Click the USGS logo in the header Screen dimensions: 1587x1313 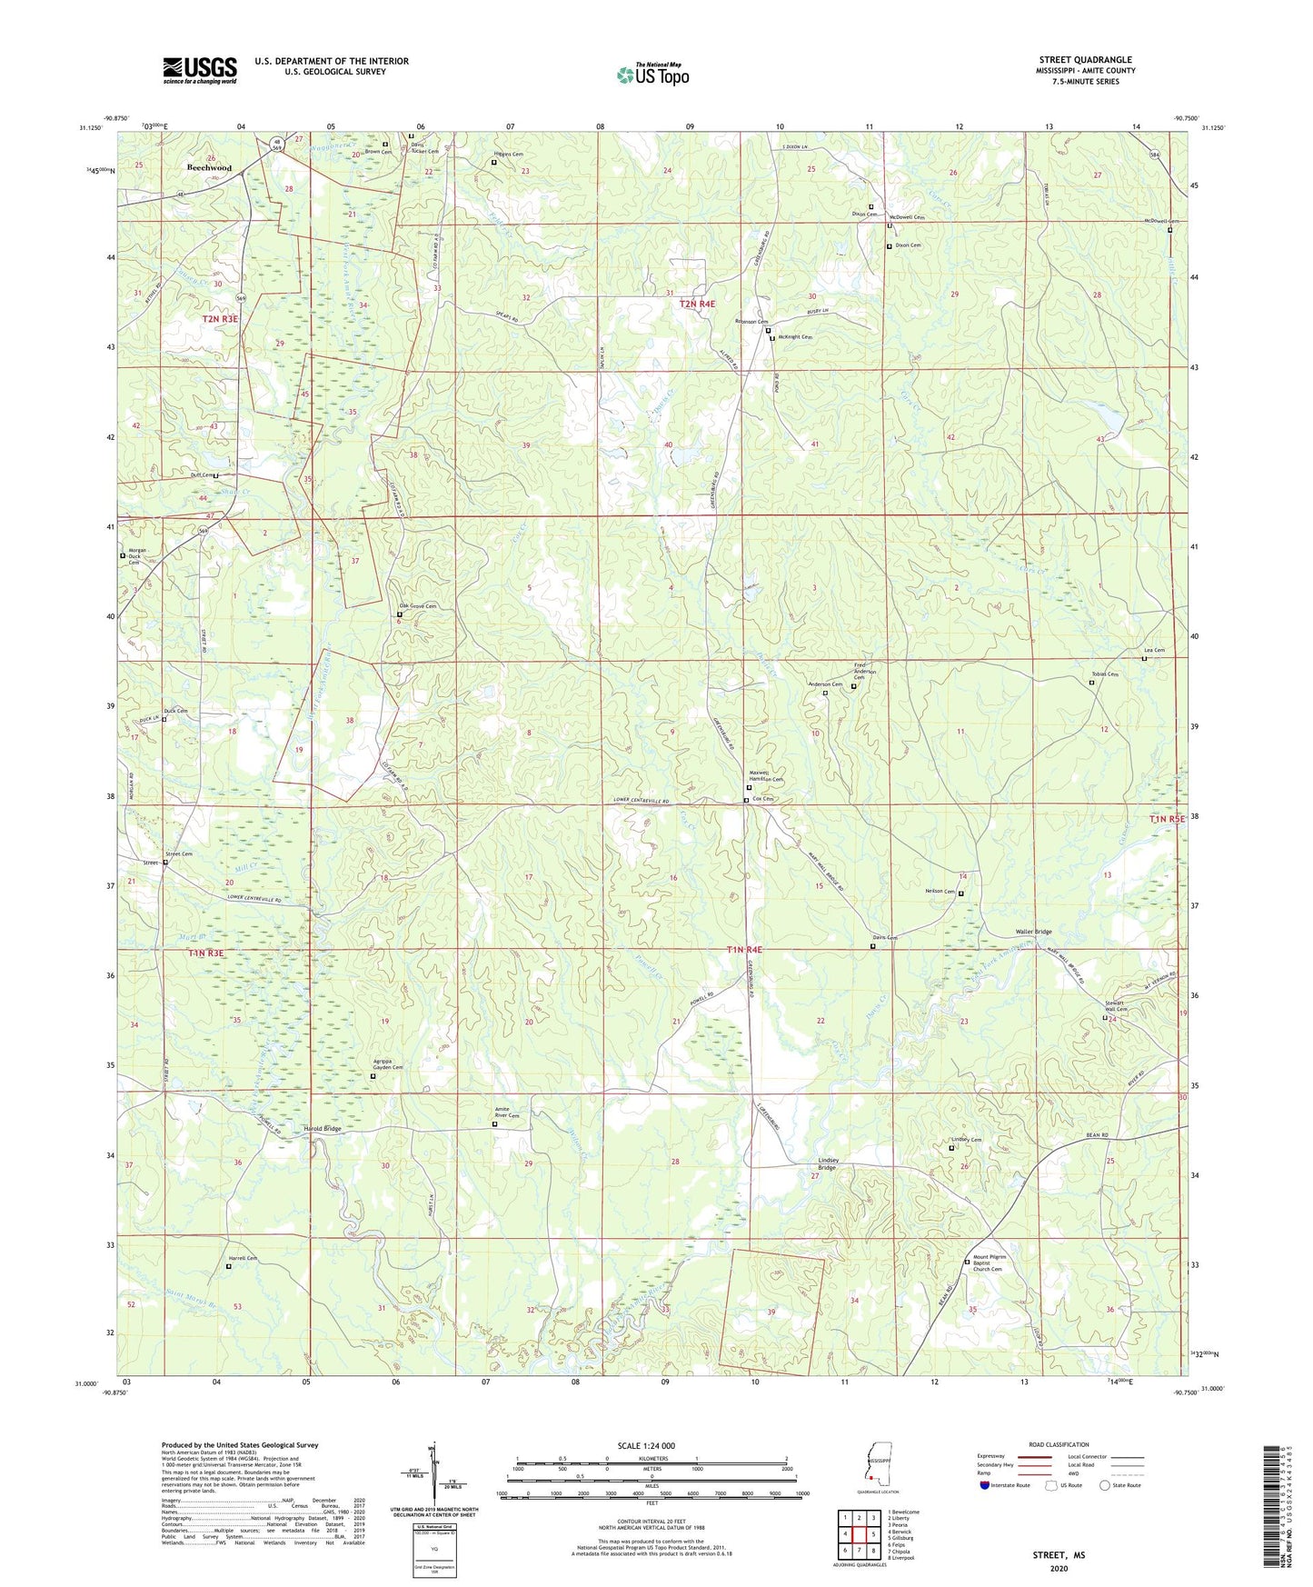pos(200,69)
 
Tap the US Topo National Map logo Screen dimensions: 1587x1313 pos(652,74)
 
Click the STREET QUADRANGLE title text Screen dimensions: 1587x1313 pos(1085,60)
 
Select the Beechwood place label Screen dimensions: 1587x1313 pos(210,168)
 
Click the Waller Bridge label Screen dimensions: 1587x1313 pos(1033,933)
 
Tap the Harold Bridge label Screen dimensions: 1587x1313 pos(323,1129)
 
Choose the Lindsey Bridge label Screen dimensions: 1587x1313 pos(828,1164)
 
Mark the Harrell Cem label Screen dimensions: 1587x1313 pos(243,1259)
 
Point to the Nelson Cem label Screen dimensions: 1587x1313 pos(939,892)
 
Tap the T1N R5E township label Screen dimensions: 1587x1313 pos(1167,819)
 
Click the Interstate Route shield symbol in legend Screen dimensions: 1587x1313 pos(985,1486)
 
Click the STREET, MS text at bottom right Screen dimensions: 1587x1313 pos(1058,1555)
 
